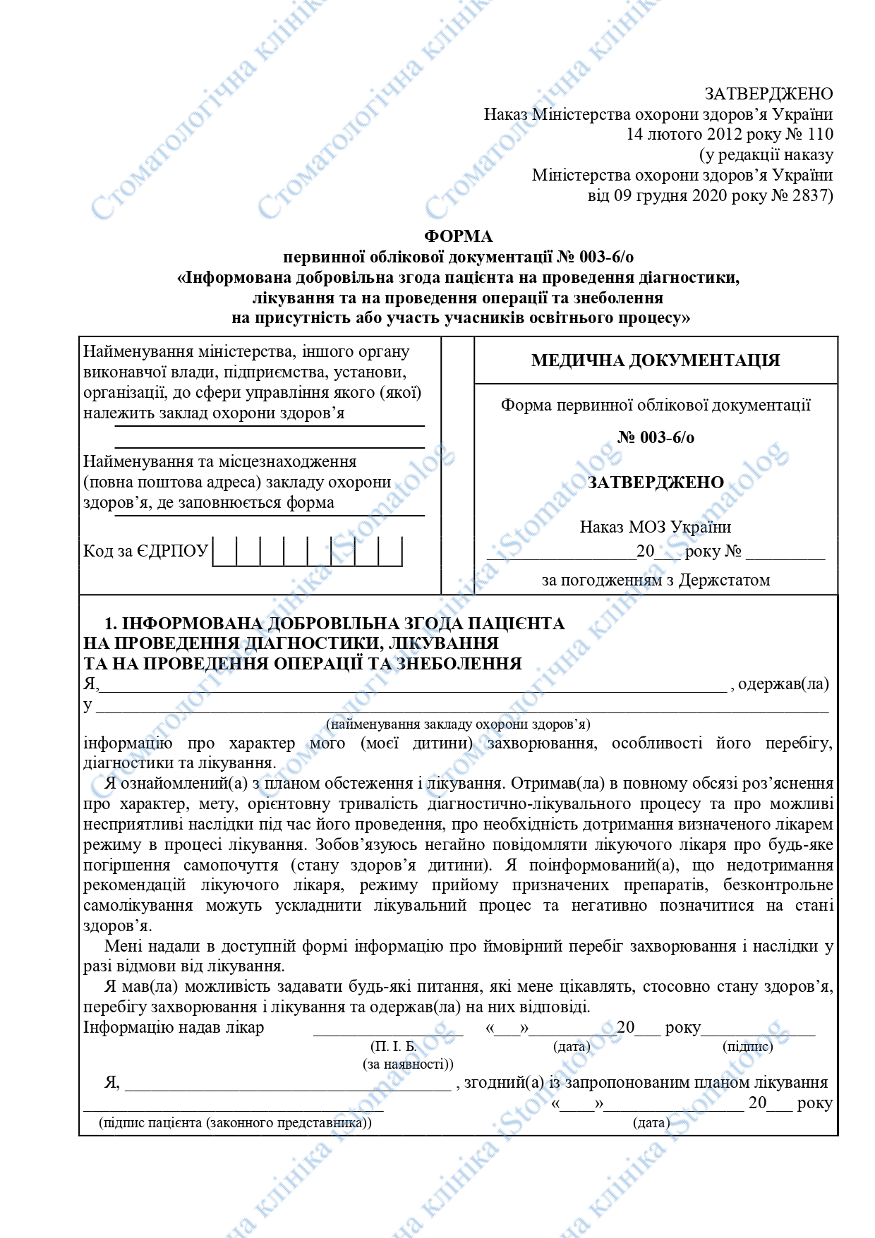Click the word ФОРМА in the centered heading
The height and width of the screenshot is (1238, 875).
[x=458, y=236]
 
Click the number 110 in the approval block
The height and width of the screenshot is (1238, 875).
[x=819, y=134]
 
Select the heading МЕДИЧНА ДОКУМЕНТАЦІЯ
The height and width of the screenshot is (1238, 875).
[x=655, y=360]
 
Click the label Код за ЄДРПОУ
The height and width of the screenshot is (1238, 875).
[x=145, y=551]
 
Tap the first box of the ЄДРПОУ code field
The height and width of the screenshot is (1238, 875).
[x=224, y=551]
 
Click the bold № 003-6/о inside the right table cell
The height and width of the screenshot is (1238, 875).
[x=655, y=437]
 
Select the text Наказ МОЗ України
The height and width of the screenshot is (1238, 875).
[x=655, y=527]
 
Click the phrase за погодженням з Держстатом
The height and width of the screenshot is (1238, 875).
[x=655, y=581]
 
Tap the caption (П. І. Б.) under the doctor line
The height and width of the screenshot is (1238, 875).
[x=393, y=1047]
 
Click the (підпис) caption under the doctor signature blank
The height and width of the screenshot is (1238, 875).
[x=747, y=1047]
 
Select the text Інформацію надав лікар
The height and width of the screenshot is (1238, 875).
[x=174, y=1027]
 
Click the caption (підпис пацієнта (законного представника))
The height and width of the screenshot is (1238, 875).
[x=235, y=1122]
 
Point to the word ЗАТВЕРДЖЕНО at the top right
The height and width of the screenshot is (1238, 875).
[x=768, y=94]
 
